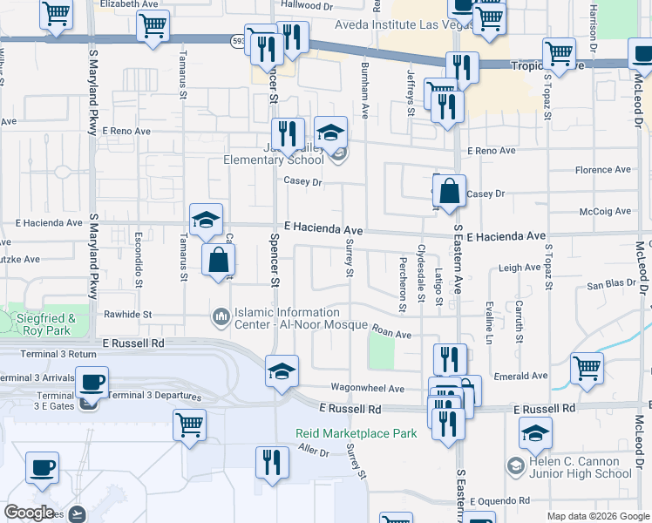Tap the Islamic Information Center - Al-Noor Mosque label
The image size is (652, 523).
tap(287, 318)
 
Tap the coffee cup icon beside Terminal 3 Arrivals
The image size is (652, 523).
tap(92, 382)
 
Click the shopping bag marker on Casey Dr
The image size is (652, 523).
tap(448, 192)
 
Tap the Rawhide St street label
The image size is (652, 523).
tap(128, 315)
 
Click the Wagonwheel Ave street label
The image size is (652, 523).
tap(367, 389)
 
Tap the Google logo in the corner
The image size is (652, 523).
tap(28, 513)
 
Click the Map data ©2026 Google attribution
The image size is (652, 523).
tap(598, 516)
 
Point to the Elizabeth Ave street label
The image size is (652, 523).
tap(130, 4)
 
